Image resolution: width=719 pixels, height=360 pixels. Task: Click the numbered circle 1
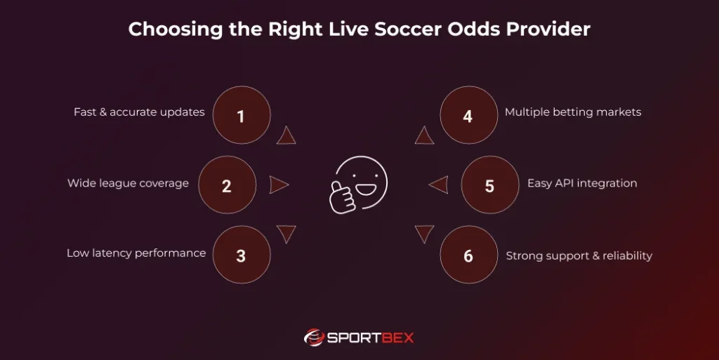pos(241,115)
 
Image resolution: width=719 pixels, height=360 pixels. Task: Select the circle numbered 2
pos(227,185)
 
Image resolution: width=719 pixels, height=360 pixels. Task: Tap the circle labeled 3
pos(241,255)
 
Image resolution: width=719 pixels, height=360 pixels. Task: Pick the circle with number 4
pos(468,115)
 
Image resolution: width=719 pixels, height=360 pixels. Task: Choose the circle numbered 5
pos(489,185)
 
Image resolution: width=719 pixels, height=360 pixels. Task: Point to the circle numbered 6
pos(468,255)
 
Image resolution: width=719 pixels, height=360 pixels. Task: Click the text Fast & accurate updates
pos(139,112)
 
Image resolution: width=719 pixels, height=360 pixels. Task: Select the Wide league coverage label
pos(128,183)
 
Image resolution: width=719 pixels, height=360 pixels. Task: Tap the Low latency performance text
pos(136,253)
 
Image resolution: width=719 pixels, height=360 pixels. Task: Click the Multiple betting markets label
pos(573,112)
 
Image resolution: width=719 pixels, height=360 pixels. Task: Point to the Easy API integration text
pos(582,183)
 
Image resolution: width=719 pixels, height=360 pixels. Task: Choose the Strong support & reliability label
pos(579,256)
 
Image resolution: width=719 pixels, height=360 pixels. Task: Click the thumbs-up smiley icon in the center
pos(359,185)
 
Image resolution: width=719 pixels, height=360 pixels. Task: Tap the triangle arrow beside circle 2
pos(279,185)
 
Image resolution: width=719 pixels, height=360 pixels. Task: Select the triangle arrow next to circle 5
pos(439,185)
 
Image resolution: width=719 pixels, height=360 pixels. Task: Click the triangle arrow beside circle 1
pos(286,135)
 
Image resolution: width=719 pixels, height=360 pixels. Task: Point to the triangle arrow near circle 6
pos(424,234)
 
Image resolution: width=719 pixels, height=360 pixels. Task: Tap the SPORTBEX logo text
pos(370,338)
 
